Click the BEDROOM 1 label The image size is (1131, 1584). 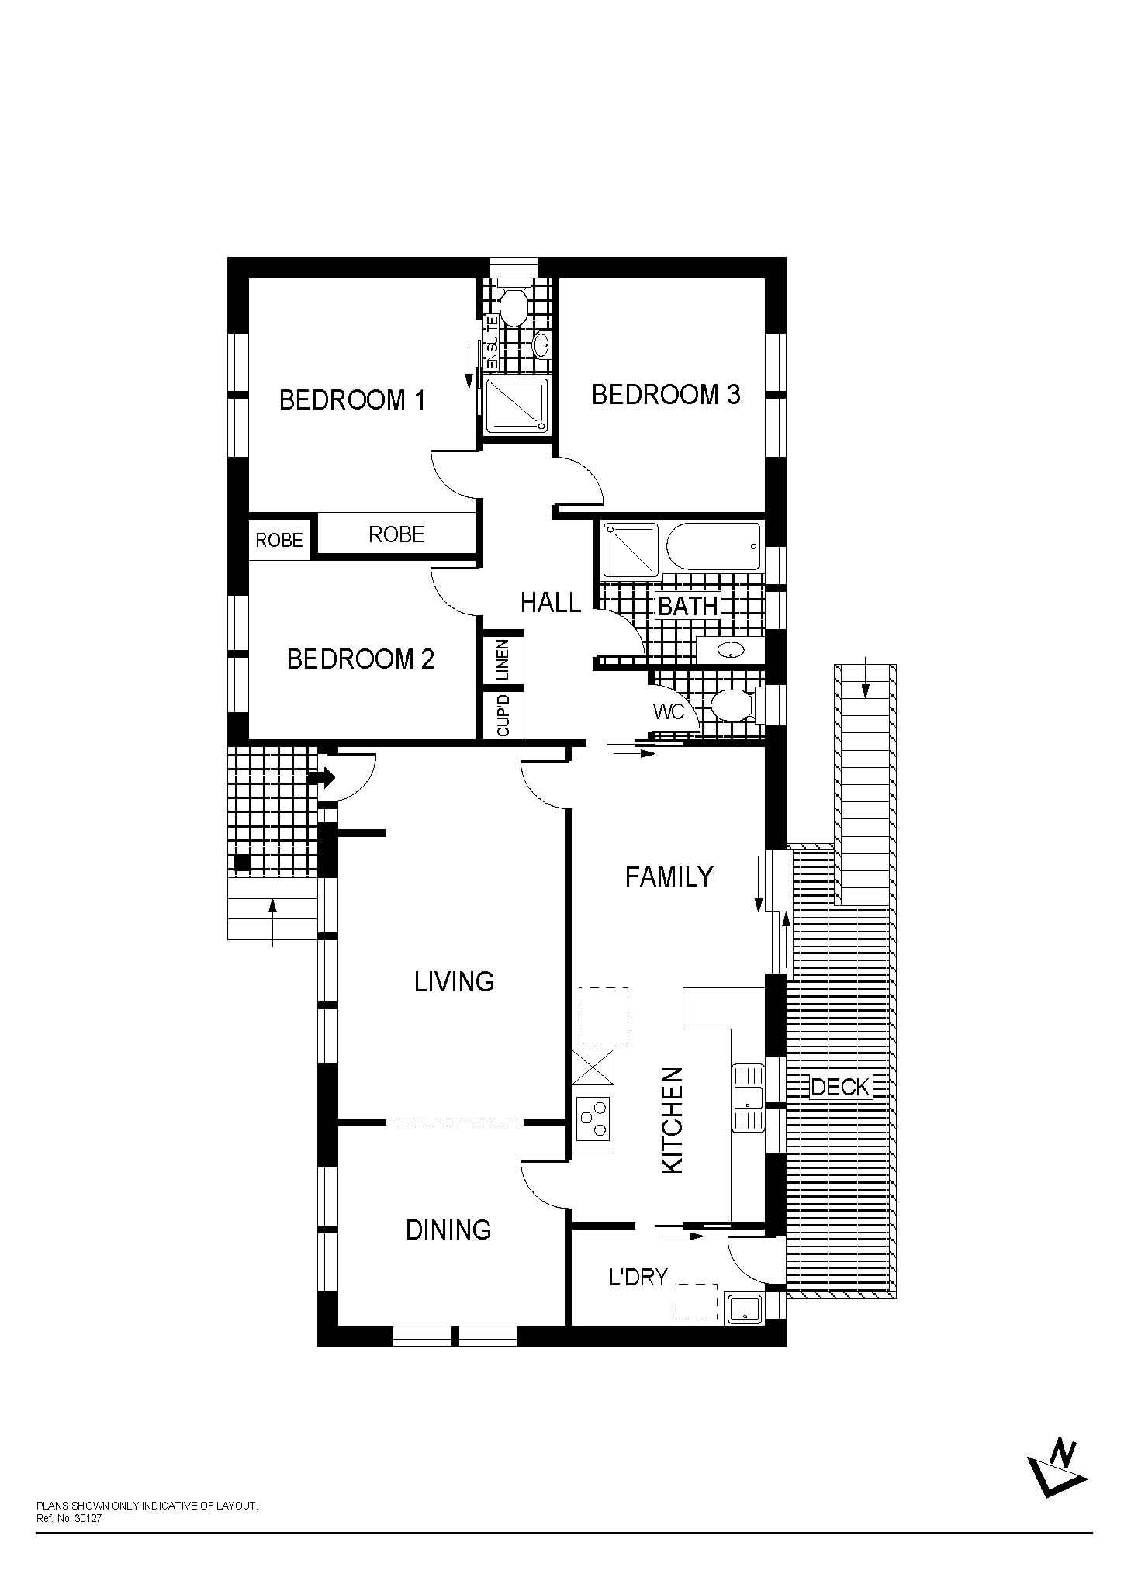[x=352, y=400]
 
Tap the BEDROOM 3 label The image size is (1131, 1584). [x=666, y=395]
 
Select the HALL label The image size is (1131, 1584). [x=550, y=602]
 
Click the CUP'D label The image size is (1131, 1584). [x=503, y=714]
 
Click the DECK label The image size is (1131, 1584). [x=841, y=1087]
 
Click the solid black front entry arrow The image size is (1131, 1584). [x=321, y=777]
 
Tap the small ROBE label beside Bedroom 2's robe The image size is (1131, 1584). [x=279, y=540]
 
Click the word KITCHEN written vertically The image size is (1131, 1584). [x=672, y=1120]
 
